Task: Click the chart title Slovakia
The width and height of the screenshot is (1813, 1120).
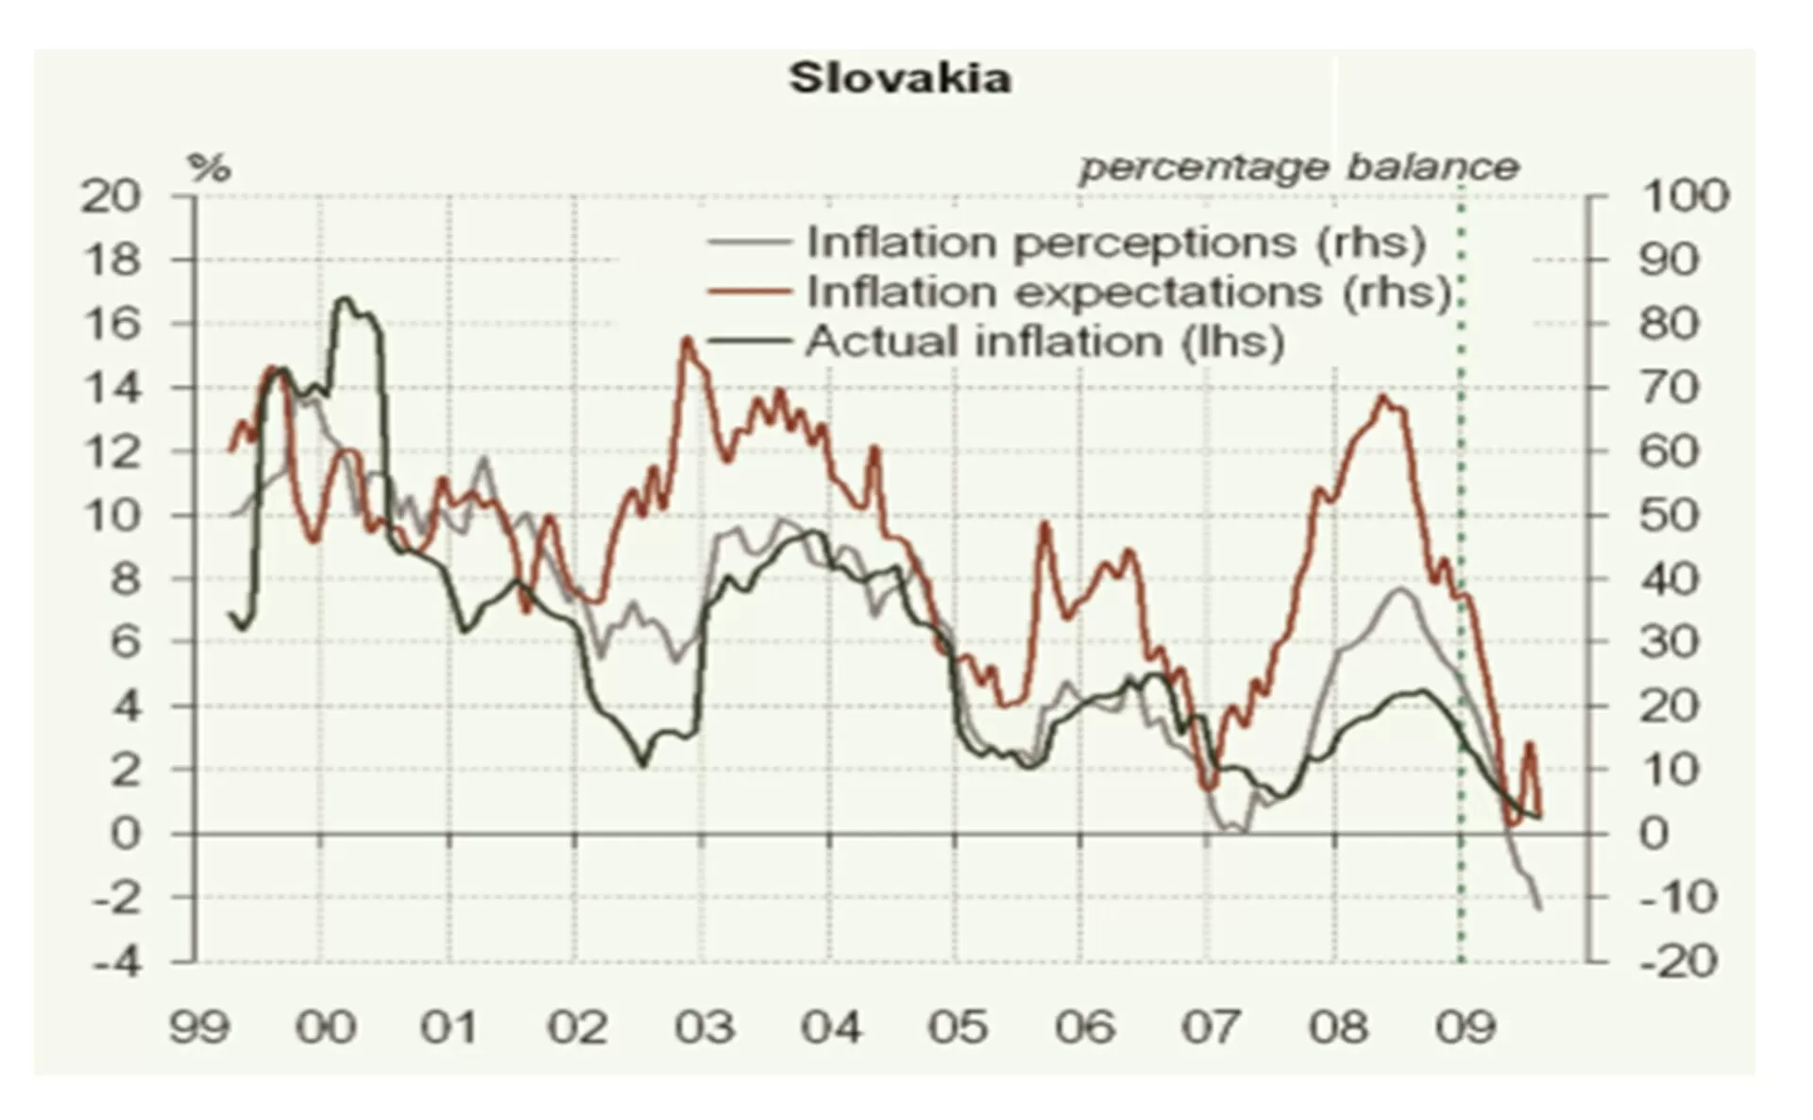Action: (x=900, y=78)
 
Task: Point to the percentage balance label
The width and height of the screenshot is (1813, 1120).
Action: (x=1299, y=168)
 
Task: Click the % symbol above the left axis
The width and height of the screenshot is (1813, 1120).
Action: (x=209, y=169)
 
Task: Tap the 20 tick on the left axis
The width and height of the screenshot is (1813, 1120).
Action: (x=110, y=196)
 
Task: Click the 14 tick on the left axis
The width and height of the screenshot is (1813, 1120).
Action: (x=110, y=388)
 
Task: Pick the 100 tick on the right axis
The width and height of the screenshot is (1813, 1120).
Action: (x=1686, y=196)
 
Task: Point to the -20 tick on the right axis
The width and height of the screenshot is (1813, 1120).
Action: (x=1678, y=963)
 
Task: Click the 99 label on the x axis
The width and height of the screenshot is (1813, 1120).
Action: (x=199, y=1027)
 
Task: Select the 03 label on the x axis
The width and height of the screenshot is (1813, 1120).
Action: (x=704, y=1027)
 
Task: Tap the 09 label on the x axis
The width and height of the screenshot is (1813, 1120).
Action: (x=1465, y=1027)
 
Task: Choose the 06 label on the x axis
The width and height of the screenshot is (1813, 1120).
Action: (x=1085, y=1027)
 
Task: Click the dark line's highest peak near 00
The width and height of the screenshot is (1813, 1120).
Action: (x=345, y=299)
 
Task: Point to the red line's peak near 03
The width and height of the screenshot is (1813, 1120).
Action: (x=686, y=339)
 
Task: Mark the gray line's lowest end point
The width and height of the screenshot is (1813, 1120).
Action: (x=1540, y=908)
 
